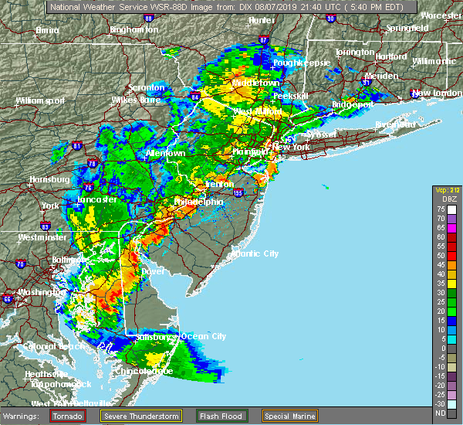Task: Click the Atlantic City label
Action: point(256,253)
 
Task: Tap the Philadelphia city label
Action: point(198,202)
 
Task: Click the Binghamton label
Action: point(133,29)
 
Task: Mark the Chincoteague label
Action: point(145,372)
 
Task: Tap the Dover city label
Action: point(152,272)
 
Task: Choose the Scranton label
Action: point(147,87)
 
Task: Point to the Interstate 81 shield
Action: point(76,144)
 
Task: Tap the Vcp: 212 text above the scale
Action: point(446,189)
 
